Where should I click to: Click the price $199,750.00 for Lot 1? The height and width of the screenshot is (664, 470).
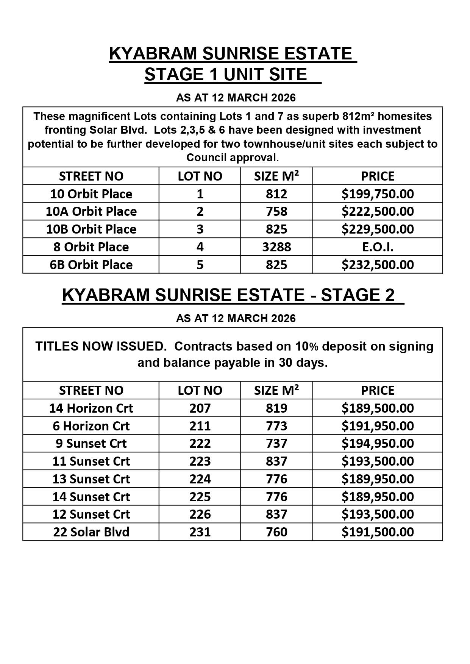click(377, 194)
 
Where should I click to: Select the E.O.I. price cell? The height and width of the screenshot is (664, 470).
click(377, 247)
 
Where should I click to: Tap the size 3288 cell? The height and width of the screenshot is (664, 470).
click(276, 247)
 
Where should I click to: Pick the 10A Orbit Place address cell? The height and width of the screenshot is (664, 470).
click(91, 211)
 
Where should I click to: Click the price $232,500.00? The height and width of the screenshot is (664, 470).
click(377, 265)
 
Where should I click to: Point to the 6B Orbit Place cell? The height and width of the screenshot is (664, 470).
click(91, 265)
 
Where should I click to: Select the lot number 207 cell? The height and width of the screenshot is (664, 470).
click(200, 408)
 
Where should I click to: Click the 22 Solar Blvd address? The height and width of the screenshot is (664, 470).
click(91, 532)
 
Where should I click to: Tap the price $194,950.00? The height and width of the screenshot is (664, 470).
click(377, 443)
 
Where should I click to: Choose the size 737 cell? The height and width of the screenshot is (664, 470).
click(276, 443)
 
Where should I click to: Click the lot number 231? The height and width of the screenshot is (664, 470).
click(200, 532)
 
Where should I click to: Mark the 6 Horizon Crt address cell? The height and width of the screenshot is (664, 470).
click(91, 426)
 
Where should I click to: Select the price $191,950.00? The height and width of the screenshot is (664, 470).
click(377, 426)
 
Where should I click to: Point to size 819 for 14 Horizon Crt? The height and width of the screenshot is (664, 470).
click(276, 408)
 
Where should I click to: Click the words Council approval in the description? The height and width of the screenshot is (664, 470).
click(233, 157)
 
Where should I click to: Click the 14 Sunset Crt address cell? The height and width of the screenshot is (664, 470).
click(91, 497)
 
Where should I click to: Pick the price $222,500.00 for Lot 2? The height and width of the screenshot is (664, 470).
click(377, 211)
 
